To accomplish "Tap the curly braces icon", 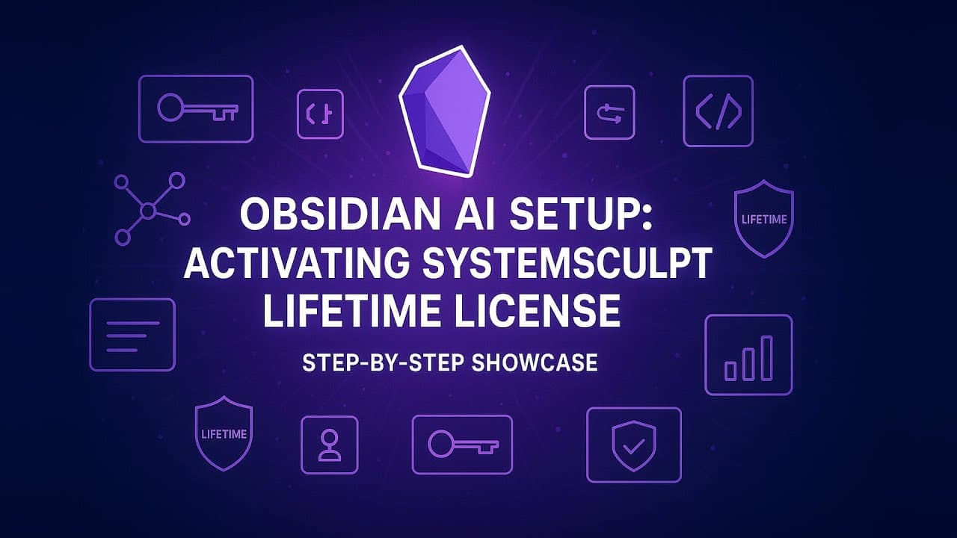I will coord(320,114).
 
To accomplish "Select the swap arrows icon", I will coord(609,112).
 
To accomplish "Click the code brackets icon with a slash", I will coord(718,111).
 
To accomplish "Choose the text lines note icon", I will coord(132,335).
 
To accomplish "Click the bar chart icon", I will coord(748,355).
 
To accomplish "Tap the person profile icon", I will coord(329,445).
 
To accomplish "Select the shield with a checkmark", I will coord(633,445).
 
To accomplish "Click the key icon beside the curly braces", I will coord(196,109).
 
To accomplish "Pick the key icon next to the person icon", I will coord(462,445).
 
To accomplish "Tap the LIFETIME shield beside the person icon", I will coord(224,433).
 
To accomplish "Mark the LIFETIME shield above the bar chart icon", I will coord(763,218).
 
